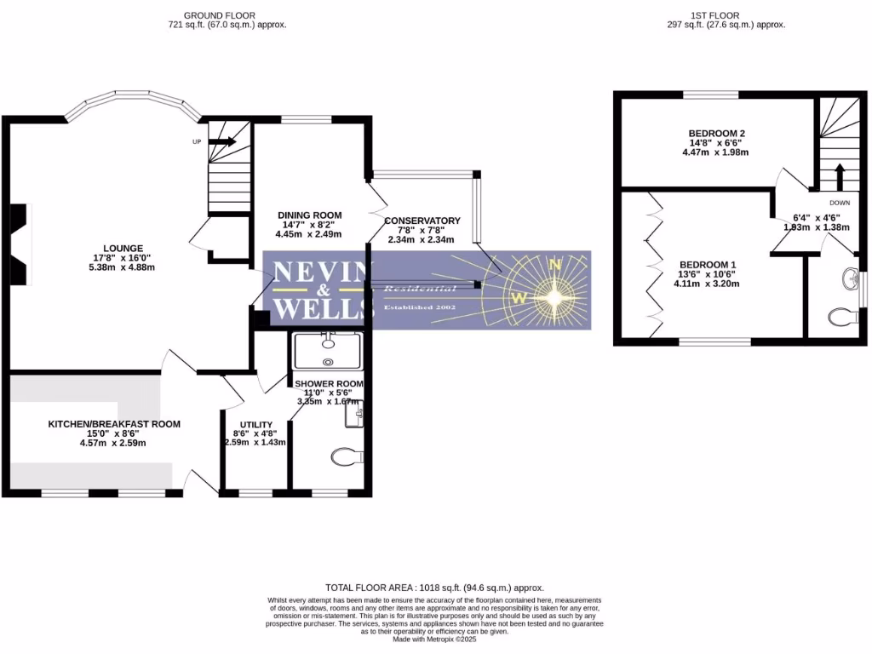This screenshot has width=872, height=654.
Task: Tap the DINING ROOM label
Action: [310, 215]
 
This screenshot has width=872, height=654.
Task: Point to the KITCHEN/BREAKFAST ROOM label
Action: [114, 423]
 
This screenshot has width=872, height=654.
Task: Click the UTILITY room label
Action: [255, 425]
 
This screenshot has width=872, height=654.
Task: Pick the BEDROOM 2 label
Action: [717, 134]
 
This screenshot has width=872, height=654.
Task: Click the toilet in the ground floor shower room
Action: [344, 458]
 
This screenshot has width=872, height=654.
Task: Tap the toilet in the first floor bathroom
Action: [843, 318]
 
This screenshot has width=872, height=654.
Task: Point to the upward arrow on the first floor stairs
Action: [839, 177]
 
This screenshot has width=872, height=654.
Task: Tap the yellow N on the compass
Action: [555, 264]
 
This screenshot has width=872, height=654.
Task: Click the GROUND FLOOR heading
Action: [227, 15]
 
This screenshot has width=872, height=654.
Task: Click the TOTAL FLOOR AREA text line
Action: [435, 588]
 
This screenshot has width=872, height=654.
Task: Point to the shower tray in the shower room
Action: [327, 351]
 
